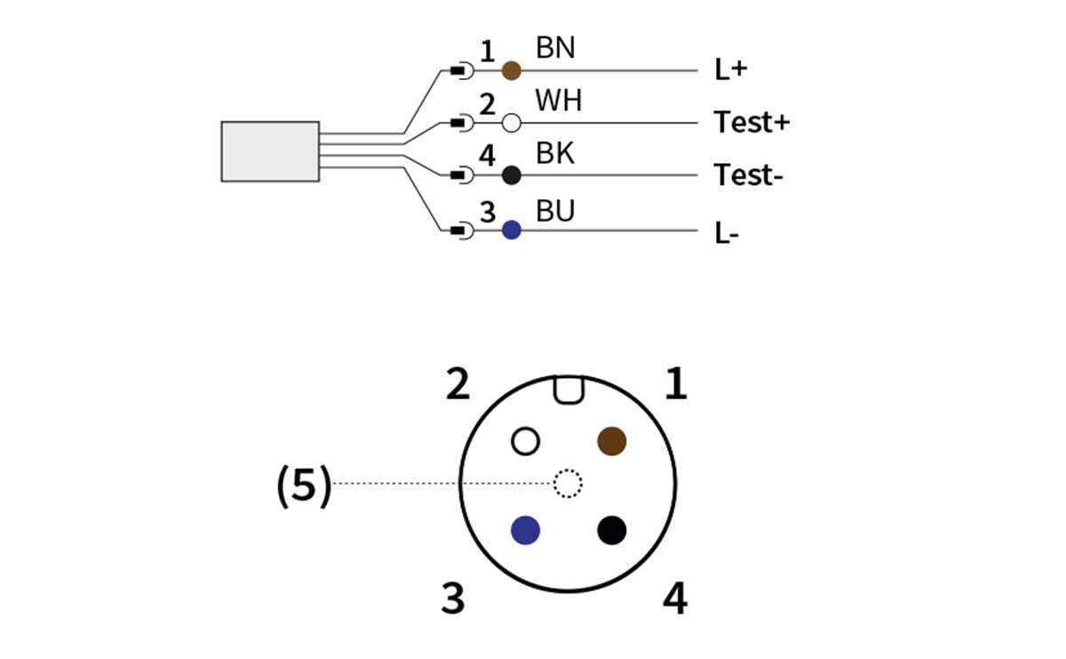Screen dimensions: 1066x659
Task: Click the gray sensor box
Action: [x=270, y=151]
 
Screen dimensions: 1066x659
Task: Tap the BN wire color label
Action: [x=555, y=48]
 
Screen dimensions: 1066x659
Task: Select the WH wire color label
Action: [x=558, y=100]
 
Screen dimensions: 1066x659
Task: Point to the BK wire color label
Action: [x=555, y=153]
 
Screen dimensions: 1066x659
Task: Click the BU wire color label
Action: [x=555, y=211]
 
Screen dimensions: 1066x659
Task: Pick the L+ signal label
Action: [x=731, y=69]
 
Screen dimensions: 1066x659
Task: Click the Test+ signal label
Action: [x=752, y=122]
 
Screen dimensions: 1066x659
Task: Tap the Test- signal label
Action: [x=748, y=175]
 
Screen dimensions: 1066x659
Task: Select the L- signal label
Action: [x=727, y=234]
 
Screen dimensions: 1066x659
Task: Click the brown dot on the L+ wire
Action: [x=512, y=70]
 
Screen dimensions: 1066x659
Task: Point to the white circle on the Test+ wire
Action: [x=512, y=123]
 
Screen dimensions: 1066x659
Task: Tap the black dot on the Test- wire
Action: [x=512, y=175]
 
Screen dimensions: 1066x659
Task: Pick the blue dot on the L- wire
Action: [x=512, y=230]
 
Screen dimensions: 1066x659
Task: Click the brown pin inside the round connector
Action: [x=611, y=441]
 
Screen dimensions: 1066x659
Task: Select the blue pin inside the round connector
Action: [x=525, y=530]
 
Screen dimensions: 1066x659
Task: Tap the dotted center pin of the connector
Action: [x=568, y=484]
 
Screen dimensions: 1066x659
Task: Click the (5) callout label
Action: [x=304, y=486]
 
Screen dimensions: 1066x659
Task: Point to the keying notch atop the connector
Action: [x=569, y=390]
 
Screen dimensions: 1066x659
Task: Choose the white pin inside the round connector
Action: [x=525, y=441]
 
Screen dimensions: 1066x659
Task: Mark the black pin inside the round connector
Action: [x=611, y=530]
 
